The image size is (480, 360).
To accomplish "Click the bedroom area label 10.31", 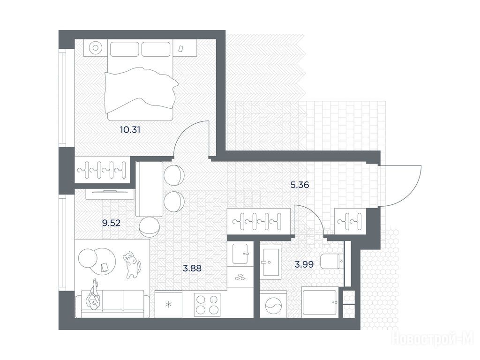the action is [x=130, y=130].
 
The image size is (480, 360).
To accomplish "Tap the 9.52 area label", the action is [x=111, y=223].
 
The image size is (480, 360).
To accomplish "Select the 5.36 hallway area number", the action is [x=300, y=185].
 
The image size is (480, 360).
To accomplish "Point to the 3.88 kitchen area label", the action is [x=192, y=269].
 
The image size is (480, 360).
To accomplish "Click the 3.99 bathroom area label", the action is [x=304, y=264].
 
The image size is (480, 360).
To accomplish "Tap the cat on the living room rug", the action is [x=132, y=264].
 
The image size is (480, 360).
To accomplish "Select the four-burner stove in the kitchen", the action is [x=207, y=305].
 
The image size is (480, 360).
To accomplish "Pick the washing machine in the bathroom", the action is [x=273, y=304].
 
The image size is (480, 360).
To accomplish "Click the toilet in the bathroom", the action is [x=332, y=262].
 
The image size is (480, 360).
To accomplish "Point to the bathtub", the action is [x=320, y=302].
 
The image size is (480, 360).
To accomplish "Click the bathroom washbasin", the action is [x=270, y=262].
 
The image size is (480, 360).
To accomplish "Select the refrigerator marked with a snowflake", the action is [x=168, y=305].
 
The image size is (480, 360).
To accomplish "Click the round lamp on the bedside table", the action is [x=96, y=48].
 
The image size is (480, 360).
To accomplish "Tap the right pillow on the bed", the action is [x=156, y=49].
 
